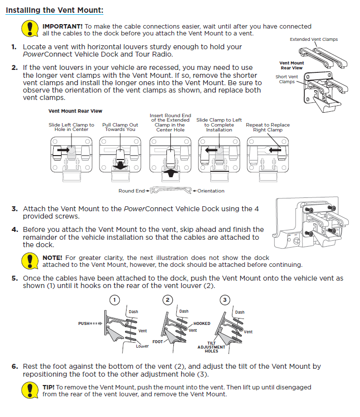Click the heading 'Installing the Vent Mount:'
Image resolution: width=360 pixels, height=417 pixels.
coord(55,10)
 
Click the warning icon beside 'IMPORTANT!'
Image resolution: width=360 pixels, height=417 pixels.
coord(30,29)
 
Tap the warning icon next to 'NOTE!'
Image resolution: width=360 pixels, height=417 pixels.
coord(30,260)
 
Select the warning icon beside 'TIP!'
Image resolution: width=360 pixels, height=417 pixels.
coord(30,390)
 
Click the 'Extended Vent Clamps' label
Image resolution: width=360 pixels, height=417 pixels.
coord(314,39)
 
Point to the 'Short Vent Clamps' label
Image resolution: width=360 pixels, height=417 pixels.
coord(287,79)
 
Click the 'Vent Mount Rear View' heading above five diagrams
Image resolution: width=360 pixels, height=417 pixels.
coord(75,111)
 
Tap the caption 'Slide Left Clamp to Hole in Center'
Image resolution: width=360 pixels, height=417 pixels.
coord(71,127)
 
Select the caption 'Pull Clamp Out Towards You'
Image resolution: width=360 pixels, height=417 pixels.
coord(120,127)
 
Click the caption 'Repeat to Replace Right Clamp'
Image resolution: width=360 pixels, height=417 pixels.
coord(268,127)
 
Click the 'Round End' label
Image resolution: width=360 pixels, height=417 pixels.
coord(131,191)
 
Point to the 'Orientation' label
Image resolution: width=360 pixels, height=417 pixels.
coord(211,191)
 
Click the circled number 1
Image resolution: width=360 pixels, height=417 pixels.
coord(114,300)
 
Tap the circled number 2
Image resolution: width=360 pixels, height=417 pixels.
coord(168,300)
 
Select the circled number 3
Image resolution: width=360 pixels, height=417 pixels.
coord(225,300)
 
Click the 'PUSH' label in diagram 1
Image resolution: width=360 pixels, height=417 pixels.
coord(85,323)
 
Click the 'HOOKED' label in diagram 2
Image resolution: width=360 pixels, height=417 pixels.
coord(202,323)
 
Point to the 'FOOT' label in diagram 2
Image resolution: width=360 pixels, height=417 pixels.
coord(158,341)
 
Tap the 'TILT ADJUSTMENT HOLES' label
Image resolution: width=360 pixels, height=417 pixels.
coord(211,347)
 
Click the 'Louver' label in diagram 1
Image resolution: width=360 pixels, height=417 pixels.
coord(142,346)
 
